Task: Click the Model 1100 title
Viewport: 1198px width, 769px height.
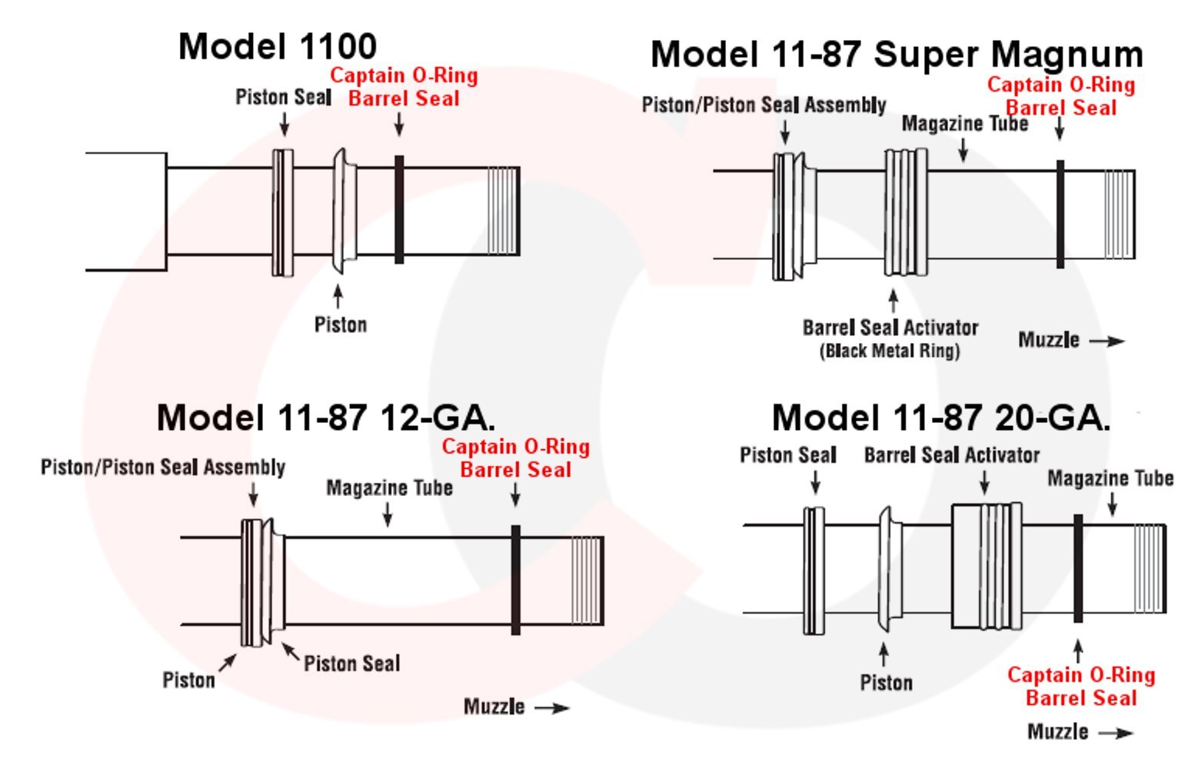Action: [278, 47]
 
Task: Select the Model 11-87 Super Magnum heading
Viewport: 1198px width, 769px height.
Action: [897, 55]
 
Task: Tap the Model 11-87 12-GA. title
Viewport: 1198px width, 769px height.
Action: [326, 418]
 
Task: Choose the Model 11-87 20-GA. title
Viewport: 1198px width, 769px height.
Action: [941, 418]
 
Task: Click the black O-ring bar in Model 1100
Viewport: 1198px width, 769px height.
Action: [399, 210]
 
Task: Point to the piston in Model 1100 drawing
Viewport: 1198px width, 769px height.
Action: [344, 211]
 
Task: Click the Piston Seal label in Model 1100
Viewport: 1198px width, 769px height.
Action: [284, 98]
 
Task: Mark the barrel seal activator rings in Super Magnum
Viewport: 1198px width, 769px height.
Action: [906, 212]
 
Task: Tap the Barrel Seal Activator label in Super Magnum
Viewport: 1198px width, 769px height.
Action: [890, 328]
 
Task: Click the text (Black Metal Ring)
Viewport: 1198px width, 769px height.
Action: [890, 351]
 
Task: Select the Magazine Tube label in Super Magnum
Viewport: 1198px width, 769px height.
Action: [965, 124]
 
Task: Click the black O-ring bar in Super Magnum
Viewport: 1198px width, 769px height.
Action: [1060, 215]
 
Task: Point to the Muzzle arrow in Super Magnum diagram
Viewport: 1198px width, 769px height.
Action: [1107, 341]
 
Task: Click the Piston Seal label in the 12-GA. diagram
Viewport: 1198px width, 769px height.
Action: [352, 664]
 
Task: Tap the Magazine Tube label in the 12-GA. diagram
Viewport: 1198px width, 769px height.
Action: [389, 488]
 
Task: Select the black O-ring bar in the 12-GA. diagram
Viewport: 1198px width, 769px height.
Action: [515, 581]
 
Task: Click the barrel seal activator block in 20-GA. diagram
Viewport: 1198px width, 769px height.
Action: [987, 566]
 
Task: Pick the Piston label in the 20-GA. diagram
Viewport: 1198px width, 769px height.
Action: [887, 683]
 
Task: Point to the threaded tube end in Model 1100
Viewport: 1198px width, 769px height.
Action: [503, 211]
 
